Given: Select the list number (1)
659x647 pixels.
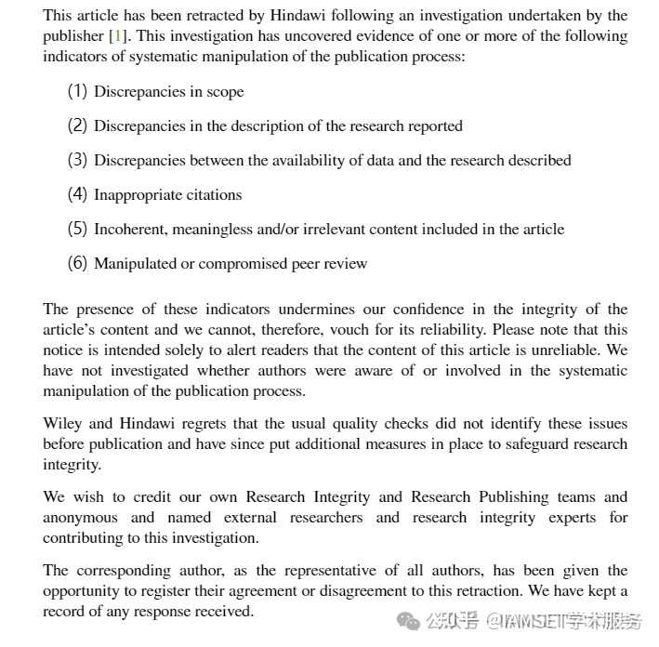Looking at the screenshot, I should pyautogui.click(x=77, y=92).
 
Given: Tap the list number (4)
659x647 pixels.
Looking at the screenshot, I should pyautogui.click(x=77, y=194).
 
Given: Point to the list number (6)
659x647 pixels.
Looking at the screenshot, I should pyautogui.click(x=77, y=263).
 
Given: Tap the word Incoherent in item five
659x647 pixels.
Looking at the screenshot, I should pyautogui.click(x=129, y=229).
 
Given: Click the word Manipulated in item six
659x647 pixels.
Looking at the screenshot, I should pyautogui.click(x=135, y=263).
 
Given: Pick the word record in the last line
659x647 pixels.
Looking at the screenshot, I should pyautogui.click(x=64, y=611).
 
